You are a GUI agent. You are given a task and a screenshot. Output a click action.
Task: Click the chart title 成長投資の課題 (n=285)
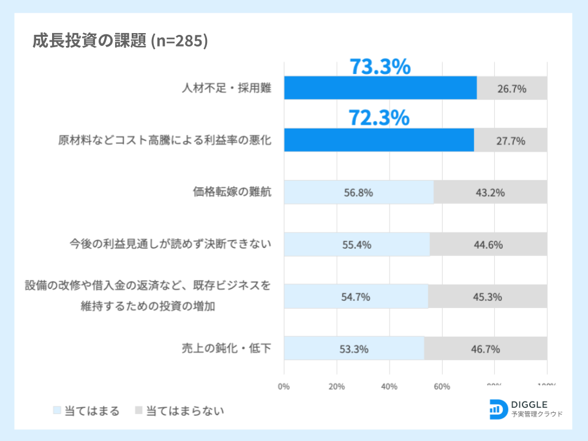120,41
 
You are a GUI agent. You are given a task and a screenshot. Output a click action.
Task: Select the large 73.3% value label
380,67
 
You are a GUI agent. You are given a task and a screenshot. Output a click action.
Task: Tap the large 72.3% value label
379,118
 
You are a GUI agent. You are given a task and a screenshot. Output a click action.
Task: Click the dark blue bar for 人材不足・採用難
380,88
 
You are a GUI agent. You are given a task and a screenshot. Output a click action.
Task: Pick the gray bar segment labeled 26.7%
512,88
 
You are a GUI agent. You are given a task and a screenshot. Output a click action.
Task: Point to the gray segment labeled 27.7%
511,140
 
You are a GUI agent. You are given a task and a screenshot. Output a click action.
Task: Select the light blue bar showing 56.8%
358,192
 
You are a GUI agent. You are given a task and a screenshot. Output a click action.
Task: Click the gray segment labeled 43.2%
490,192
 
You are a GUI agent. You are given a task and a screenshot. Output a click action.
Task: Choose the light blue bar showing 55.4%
356,244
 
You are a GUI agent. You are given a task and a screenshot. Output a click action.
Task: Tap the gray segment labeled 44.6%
488,244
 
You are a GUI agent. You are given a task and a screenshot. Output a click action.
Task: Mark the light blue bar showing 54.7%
356,296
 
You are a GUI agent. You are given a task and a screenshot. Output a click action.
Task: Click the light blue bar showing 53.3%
354,349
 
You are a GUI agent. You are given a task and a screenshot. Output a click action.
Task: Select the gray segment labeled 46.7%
485,349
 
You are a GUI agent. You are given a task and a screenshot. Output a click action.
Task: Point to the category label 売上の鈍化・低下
226,349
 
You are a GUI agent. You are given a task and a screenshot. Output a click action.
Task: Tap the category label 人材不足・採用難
227,88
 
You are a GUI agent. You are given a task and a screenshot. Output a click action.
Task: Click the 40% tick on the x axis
390,386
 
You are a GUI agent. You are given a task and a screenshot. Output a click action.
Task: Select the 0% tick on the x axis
284,386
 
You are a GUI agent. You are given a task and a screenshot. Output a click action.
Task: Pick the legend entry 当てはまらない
178,410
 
